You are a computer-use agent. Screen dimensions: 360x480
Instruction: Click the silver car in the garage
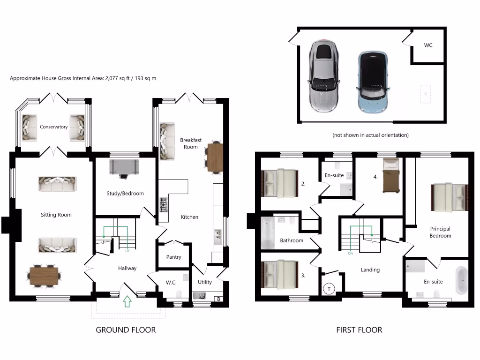323,76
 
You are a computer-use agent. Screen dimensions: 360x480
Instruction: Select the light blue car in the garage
373,82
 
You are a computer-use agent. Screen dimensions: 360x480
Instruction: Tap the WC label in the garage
428,45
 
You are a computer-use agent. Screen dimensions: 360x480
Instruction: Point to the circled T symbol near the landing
329,289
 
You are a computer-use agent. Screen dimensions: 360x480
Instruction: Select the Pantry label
173,257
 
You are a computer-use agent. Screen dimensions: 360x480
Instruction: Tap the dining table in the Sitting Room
44,276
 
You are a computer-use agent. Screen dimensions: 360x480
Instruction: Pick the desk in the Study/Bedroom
124,167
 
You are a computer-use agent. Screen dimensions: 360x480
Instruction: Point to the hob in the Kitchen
164,204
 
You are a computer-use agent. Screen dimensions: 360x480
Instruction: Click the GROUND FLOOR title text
126,330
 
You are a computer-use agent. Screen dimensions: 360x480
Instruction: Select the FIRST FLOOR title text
359,330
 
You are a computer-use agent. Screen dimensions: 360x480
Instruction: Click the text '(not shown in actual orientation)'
370,135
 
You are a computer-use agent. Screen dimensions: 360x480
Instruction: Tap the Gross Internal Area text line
83,78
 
